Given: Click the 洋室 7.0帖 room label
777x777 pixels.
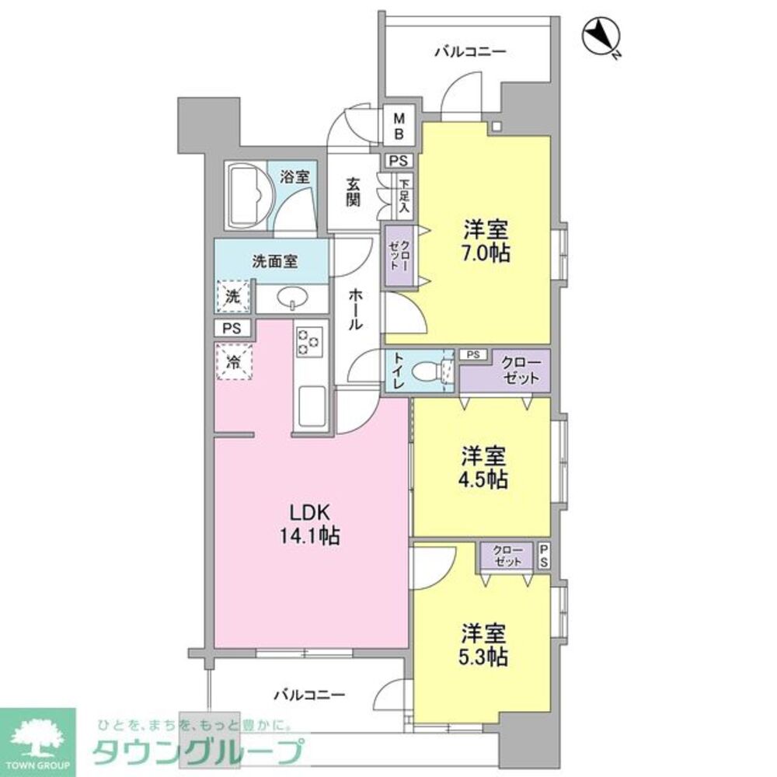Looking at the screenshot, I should point(487,241).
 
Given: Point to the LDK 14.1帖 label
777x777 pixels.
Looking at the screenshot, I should point(311,524).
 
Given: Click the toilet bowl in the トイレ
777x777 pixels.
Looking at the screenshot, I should point(427,371).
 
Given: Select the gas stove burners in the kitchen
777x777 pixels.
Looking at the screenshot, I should point(308,341).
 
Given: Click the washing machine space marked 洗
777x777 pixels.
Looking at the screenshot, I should point(233,296).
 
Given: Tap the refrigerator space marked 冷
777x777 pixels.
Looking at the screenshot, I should point(233,361).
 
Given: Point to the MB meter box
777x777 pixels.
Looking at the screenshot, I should point(399,126).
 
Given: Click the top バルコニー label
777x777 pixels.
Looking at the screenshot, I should point(470,52).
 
